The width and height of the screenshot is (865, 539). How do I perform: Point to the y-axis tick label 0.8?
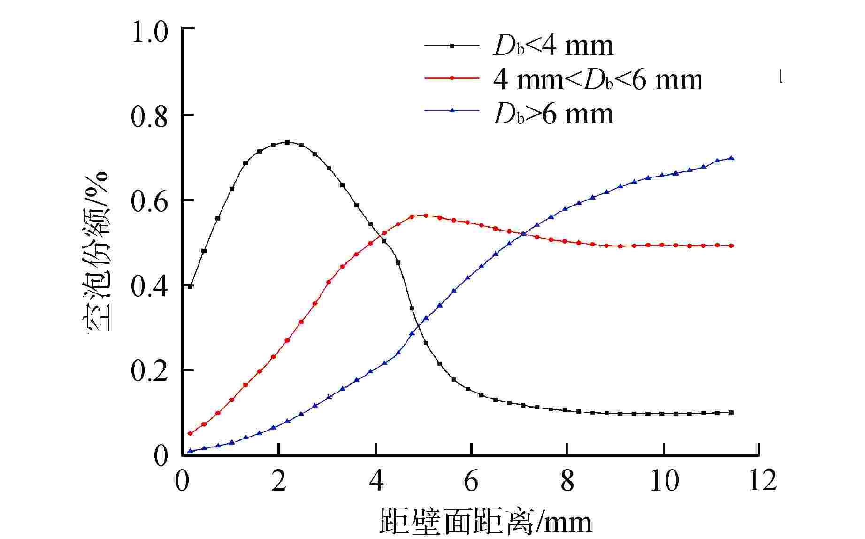tap(149, 117)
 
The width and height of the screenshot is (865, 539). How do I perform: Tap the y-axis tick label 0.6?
tap(149, 202)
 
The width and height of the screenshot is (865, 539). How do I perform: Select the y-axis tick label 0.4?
tap(149, 287)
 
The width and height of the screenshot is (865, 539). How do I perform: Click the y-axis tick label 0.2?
tap(149, 371)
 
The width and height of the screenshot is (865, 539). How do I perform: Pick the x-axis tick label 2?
tap(278, 481)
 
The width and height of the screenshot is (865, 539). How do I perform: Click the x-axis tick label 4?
tap(375, 481)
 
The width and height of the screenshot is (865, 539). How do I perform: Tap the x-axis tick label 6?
tap(471, 481)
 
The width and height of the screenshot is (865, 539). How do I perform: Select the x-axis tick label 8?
tap(567, 481)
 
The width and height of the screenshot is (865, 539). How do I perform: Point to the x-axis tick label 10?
tap(664, 481)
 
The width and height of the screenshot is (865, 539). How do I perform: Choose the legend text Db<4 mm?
tap(553, 46)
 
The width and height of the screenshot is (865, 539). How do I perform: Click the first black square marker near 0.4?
tap(191, 286)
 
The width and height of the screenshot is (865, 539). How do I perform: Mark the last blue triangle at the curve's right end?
tap(731, 158)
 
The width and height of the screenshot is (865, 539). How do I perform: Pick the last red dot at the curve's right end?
tap(731, 246)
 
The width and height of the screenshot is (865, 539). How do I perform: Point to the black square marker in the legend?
tap(452, 46)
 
